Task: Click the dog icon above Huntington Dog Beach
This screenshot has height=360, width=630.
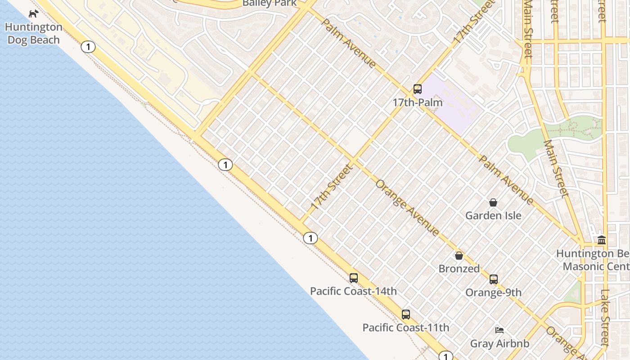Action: pos(34,13)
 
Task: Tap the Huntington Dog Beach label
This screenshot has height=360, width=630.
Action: pos(33,34)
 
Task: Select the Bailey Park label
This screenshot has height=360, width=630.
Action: pos(270,3)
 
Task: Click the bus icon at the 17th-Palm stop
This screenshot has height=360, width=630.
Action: pos(418,89)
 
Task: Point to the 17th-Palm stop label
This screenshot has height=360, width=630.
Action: pos(418,103)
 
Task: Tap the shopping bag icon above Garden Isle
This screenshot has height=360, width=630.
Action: pos(493,202)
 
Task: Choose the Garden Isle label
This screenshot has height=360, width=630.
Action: pos(493,216)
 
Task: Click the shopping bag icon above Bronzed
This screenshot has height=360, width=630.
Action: pos(459,256)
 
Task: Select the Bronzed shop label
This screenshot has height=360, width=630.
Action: pos(459,269)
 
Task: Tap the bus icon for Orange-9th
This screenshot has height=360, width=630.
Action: pos(494,279)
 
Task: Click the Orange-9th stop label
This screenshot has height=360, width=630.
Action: pos(494,292)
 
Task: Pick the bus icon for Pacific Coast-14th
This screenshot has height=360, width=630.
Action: pos(354,278)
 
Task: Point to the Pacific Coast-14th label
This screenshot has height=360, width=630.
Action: pos(353,291)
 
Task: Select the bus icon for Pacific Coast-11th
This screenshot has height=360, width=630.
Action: pos(406,315)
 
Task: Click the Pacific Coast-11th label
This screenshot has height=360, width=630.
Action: pos(406,328)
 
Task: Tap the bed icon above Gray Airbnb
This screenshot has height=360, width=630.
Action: pos(499,330)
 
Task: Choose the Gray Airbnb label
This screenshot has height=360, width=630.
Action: pos(499,344)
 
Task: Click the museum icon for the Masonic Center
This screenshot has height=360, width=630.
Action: pos(602,240)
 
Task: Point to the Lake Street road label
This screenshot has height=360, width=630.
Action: pos(605,317)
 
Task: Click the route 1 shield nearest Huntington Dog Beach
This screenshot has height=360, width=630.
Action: pos(89,46)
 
